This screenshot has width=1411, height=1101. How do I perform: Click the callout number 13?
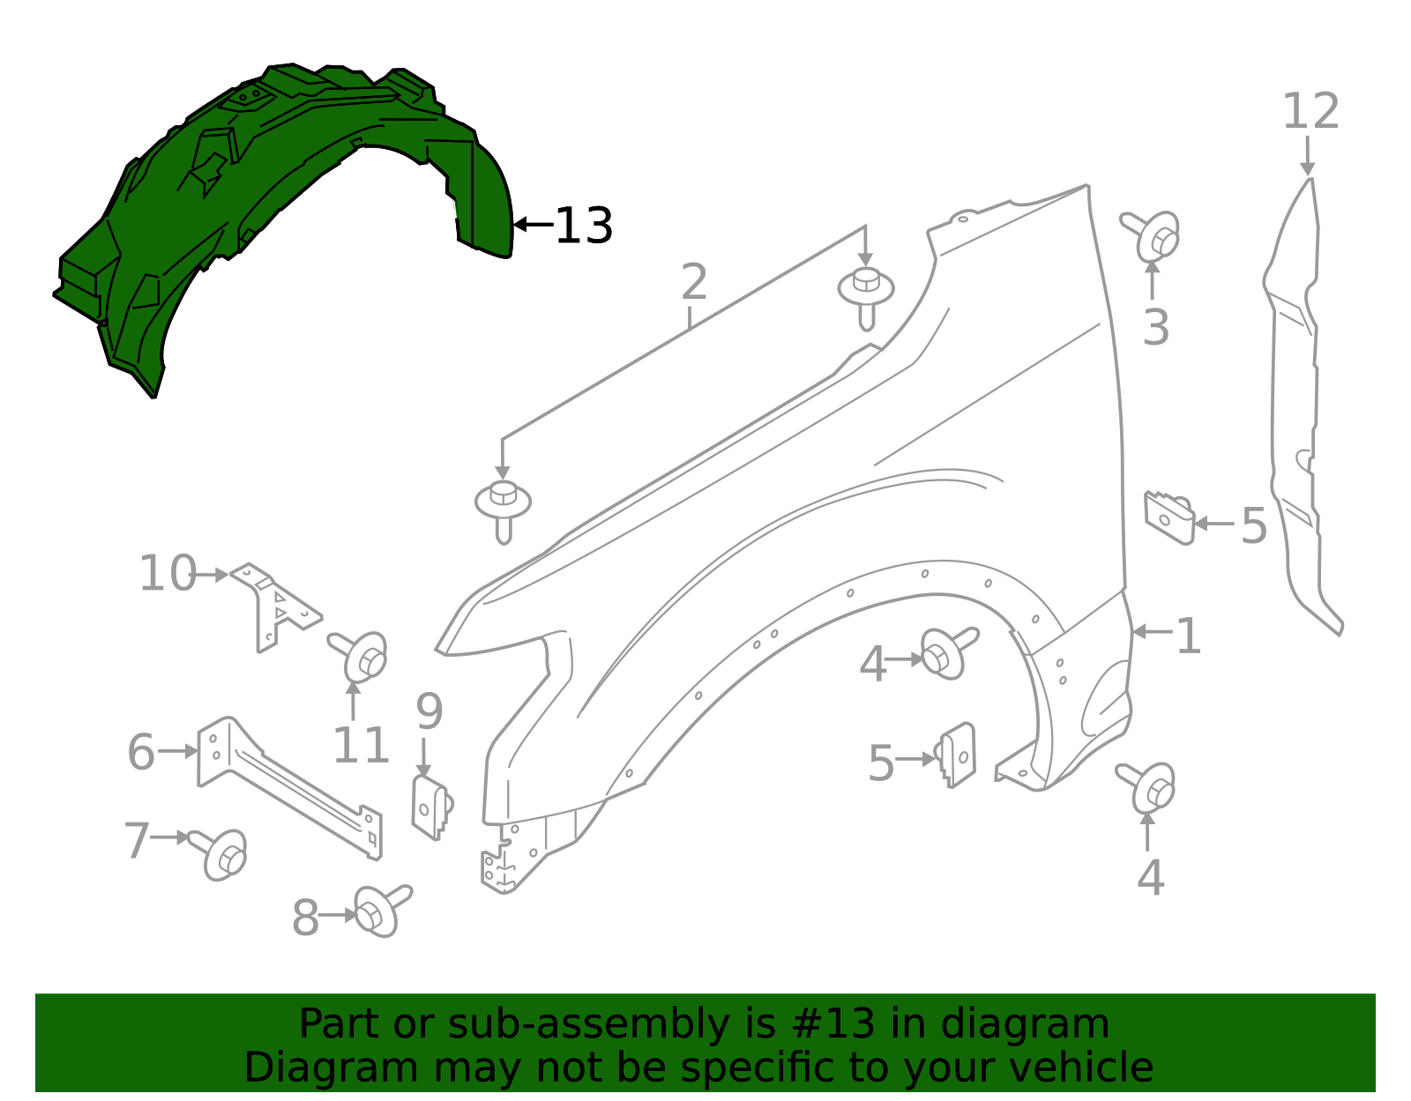583,226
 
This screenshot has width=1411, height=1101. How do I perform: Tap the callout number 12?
1310,112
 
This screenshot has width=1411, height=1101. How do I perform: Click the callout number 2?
694,282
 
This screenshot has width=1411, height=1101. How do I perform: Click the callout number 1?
1188,636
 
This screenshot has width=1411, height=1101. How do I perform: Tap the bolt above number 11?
361,656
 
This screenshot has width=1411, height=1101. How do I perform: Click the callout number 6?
141,752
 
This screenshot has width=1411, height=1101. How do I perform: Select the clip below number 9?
431,807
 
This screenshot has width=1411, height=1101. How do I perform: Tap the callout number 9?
429,711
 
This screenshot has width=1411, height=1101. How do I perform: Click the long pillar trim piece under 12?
1296,414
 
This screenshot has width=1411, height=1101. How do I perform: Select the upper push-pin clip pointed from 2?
866,295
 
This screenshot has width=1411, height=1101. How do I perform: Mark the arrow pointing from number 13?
533,225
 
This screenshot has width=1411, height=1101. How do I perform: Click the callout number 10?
168,574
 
